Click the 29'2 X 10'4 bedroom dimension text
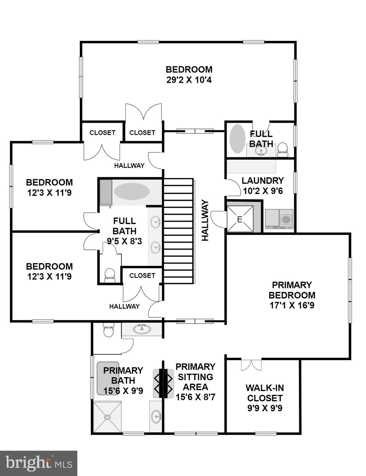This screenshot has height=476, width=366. [x=189, y=80]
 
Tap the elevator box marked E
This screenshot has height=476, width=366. [x=240, y=219]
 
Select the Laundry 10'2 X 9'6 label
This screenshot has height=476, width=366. [x=262, y=186]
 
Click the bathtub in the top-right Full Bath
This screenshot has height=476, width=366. [x=237, y=139]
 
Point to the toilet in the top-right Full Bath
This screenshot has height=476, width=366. [x=282, y=149]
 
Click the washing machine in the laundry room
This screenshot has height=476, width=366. [x=286, y=219]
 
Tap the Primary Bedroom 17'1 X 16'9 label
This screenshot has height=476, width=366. [x=292, y=295]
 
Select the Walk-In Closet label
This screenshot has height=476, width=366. [x=265, y=393]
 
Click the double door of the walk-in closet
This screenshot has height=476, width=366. [x=251, y=365]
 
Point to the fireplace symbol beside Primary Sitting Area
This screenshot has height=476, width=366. [x=163, y=383]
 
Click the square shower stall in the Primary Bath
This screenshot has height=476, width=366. [x=107, y=417]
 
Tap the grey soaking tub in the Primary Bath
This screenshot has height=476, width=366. [x=108, y=378]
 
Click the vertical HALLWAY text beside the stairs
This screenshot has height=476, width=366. [x=205, y=220]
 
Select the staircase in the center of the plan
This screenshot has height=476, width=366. [x=178, y=231]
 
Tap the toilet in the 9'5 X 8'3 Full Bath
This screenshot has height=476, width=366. [x=109, y=275]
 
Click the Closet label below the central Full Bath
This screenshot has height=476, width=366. [x=142, y=275]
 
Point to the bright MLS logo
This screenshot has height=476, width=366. [x=38, y=463]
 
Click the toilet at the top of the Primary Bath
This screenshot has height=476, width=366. [x=108, y=330]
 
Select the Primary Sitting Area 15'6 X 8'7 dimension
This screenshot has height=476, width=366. [x=195, y=397]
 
